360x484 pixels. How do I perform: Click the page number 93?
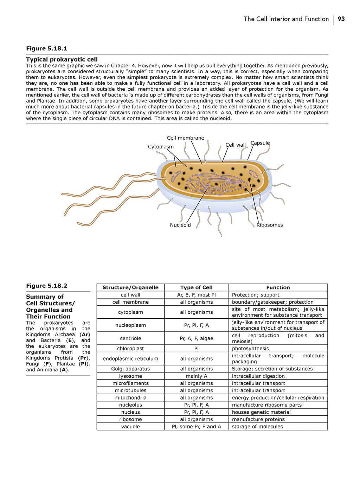(x=341, y=19)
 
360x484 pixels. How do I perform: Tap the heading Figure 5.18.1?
(x=46, y=49)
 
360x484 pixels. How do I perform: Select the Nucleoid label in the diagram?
(x=180, y=225)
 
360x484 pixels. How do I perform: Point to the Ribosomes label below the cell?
(x=270, y=225)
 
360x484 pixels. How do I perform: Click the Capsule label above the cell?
(x=260, y=143)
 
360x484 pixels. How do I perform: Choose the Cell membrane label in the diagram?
(x=185, y=138)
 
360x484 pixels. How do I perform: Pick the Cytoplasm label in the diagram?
(x=161, y=147)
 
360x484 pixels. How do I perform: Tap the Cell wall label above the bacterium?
(x=236, y=145)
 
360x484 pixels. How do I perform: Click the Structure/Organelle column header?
(x=130, y=287)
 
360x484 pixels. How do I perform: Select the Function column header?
(x=278, y=287)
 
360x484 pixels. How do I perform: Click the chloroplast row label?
(x=130, y=349)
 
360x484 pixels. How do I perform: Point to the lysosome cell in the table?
(x=130, y=376)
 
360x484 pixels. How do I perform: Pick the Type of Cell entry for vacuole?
(x=197, y=427)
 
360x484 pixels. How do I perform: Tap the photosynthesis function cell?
(x=250, y=349)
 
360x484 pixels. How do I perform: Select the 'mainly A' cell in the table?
(x=197, y=376)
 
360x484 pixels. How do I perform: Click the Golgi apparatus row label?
(x=130, y=369)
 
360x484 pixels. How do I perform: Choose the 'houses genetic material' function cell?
(x=261, y=412)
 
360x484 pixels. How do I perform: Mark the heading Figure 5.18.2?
(x=46, y=286)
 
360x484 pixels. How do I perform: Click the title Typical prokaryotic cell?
(x=62, y=59)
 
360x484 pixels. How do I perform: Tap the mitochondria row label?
(x=130, y=398)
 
